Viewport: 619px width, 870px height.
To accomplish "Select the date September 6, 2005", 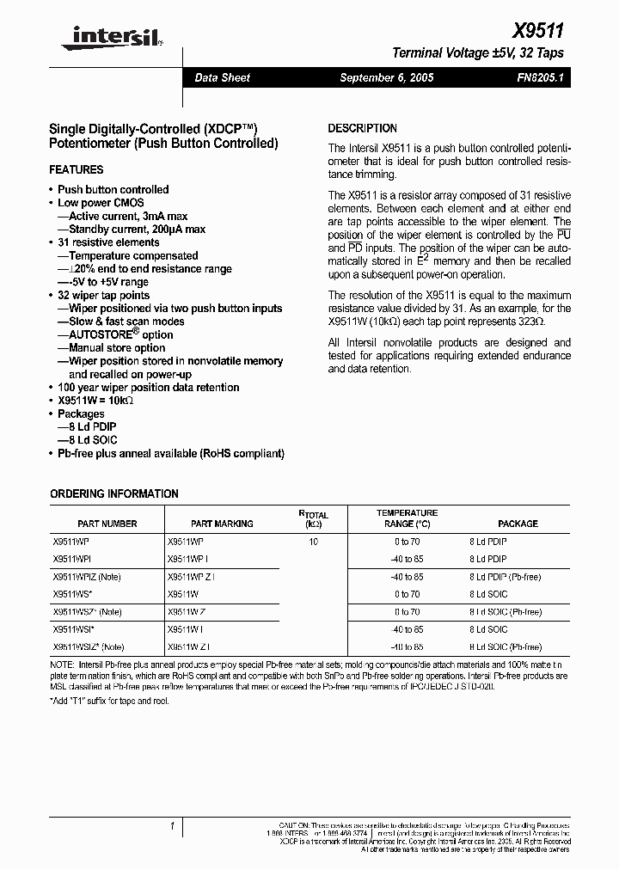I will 387,77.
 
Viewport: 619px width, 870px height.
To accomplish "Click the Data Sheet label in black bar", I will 222,77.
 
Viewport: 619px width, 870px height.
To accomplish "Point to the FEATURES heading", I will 77,170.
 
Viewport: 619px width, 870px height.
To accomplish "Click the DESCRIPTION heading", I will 363,128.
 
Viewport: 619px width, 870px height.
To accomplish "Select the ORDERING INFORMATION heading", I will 114,494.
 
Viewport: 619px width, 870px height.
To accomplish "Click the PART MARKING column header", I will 222,524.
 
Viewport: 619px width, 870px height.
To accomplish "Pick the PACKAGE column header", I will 518,524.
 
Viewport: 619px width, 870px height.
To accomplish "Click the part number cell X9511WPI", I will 72,559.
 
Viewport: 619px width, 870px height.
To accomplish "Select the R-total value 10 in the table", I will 313,542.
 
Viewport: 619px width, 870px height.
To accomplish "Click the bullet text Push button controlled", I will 113,189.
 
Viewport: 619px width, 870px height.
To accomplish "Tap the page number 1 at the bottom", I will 172,827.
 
